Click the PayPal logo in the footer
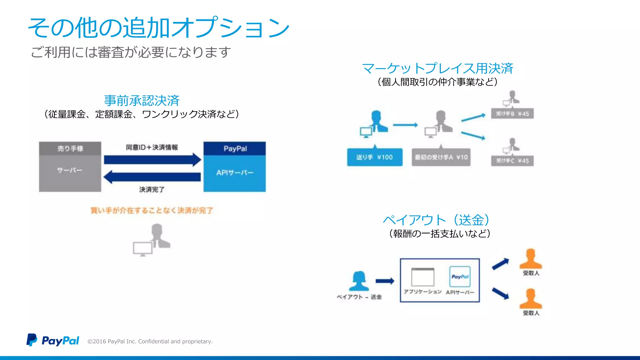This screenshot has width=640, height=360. point(52,340)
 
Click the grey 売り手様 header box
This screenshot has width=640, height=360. point(70,148)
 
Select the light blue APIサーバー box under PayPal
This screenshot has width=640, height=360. point(235,173)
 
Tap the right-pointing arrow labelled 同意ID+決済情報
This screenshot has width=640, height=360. point(152,160)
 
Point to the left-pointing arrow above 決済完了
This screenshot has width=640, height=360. point(152,177)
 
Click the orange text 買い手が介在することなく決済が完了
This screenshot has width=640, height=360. point(152,210)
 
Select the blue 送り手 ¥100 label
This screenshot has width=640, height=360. point(375,157)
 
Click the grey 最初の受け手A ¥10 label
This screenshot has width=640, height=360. point(441,157)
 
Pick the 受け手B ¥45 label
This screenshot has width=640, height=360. point(512,114)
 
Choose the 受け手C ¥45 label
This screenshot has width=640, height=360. point(512,161)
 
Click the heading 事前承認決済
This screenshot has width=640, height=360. point(142,101)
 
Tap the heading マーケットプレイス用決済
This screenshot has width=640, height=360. point(437,68)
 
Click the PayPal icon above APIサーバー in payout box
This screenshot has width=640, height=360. point(460,277)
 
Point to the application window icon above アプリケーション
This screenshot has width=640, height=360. point(422,277)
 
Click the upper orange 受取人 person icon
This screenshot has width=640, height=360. point(531,259)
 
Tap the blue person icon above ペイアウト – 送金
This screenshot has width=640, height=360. point(359,281)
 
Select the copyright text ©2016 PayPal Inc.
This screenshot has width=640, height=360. point(150,341)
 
